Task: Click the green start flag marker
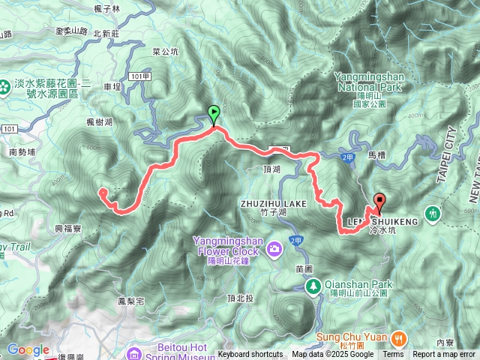pos(214,115)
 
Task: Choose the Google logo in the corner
pos(28,349)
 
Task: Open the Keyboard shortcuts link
pos(250,355)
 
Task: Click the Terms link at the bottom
pos(392,355)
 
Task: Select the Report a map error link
pos(444,355)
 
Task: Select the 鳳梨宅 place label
pos(130,301)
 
